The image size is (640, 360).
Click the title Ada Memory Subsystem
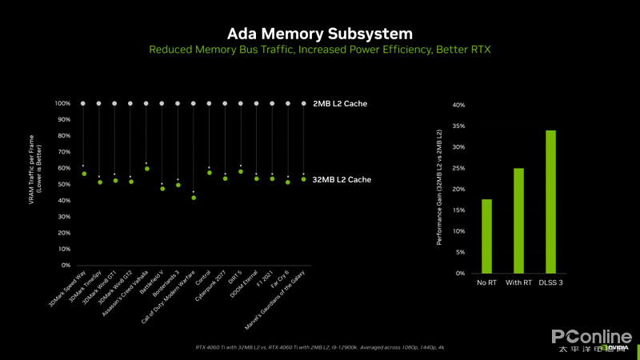click(x=320, y=34)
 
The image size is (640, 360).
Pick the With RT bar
click(x=518, y=221)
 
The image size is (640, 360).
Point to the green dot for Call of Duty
click(x=193, y=198)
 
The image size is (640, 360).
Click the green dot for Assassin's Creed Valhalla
click(x=146, y=169)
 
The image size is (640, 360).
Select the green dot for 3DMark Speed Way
click(x=83, y=174)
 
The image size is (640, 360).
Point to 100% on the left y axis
click(x=63, y=104)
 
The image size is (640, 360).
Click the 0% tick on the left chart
click(x=66, y=266)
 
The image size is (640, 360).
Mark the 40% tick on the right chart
click(x=459, y=105)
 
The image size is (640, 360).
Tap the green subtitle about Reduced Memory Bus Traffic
click(x=320, y=50)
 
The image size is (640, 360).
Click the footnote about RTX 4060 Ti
click(x=320, y=347)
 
